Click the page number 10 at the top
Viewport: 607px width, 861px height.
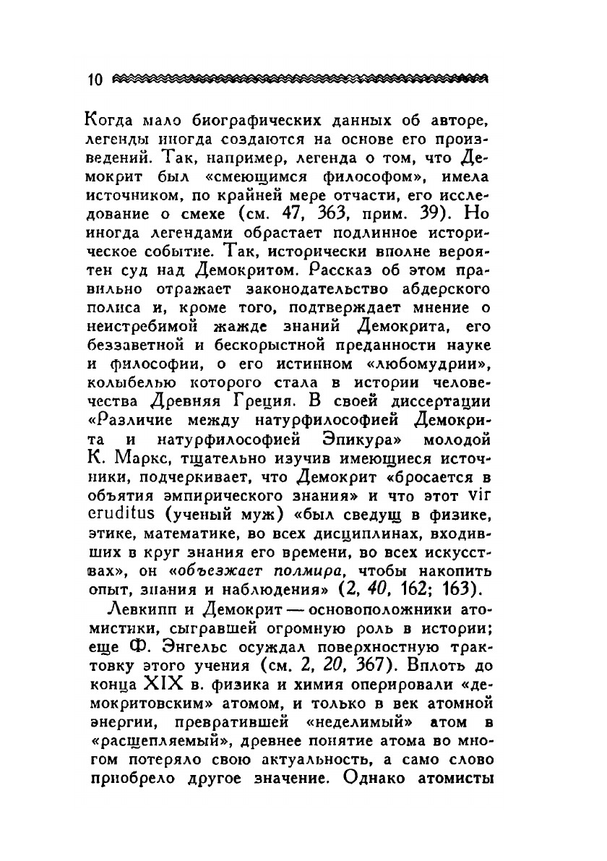click(x=94, y=79)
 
